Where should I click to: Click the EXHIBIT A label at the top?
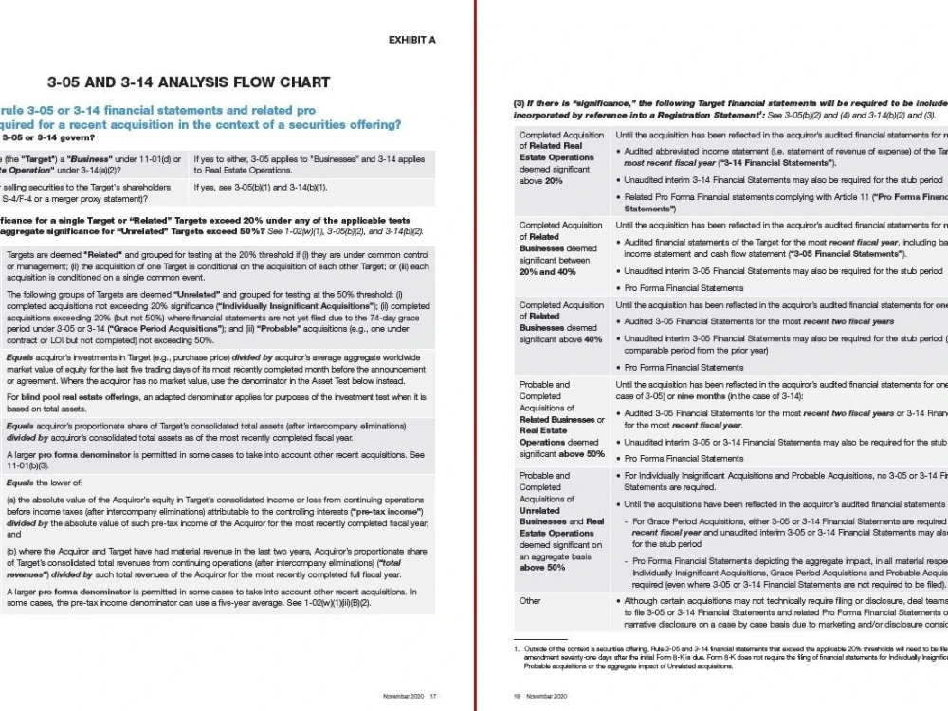tap(411, 40)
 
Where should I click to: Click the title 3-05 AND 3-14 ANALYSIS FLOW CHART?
tap(189, 82)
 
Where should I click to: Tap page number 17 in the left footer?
tap(432, 696)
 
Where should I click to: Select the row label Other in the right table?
tap(530, 600)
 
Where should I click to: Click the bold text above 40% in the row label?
tap(584, 338)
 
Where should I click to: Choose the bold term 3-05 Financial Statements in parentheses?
tap(830, 254)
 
